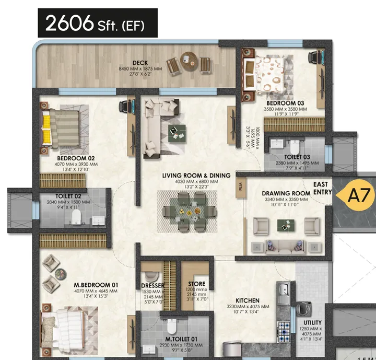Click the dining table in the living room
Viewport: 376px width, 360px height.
pos(187,211)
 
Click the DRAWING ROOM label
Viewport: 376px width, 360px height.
pos(286,193)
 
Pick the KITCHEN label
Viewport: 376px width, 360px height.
pos(247,300)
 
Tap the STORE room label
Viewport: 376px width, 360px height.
pos(196,284)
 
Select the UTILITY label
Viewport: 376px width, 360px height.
pos(313,322)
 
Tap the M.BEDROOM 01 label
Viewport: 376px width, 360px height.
pos(96,285)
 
